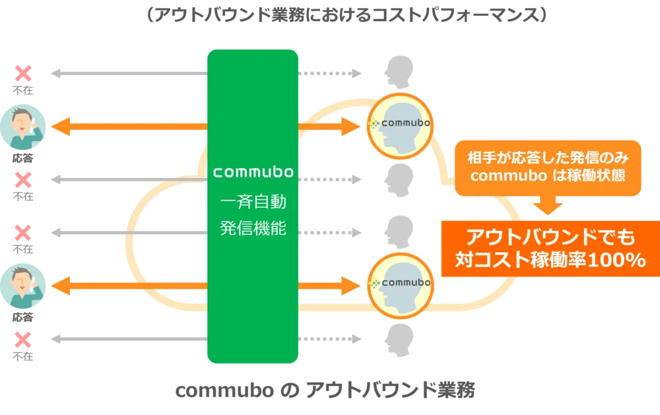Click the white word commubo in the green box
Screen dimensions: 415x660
(253, 172)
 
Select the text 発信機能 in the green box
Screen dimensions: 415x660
(253, 228)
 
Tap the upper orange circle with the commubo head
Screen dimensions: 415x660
(399, 123)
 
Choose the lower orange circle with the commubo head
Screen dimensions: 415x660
(399, 284)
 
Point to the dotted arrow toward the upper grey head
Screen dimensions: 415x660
(330, 179)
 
